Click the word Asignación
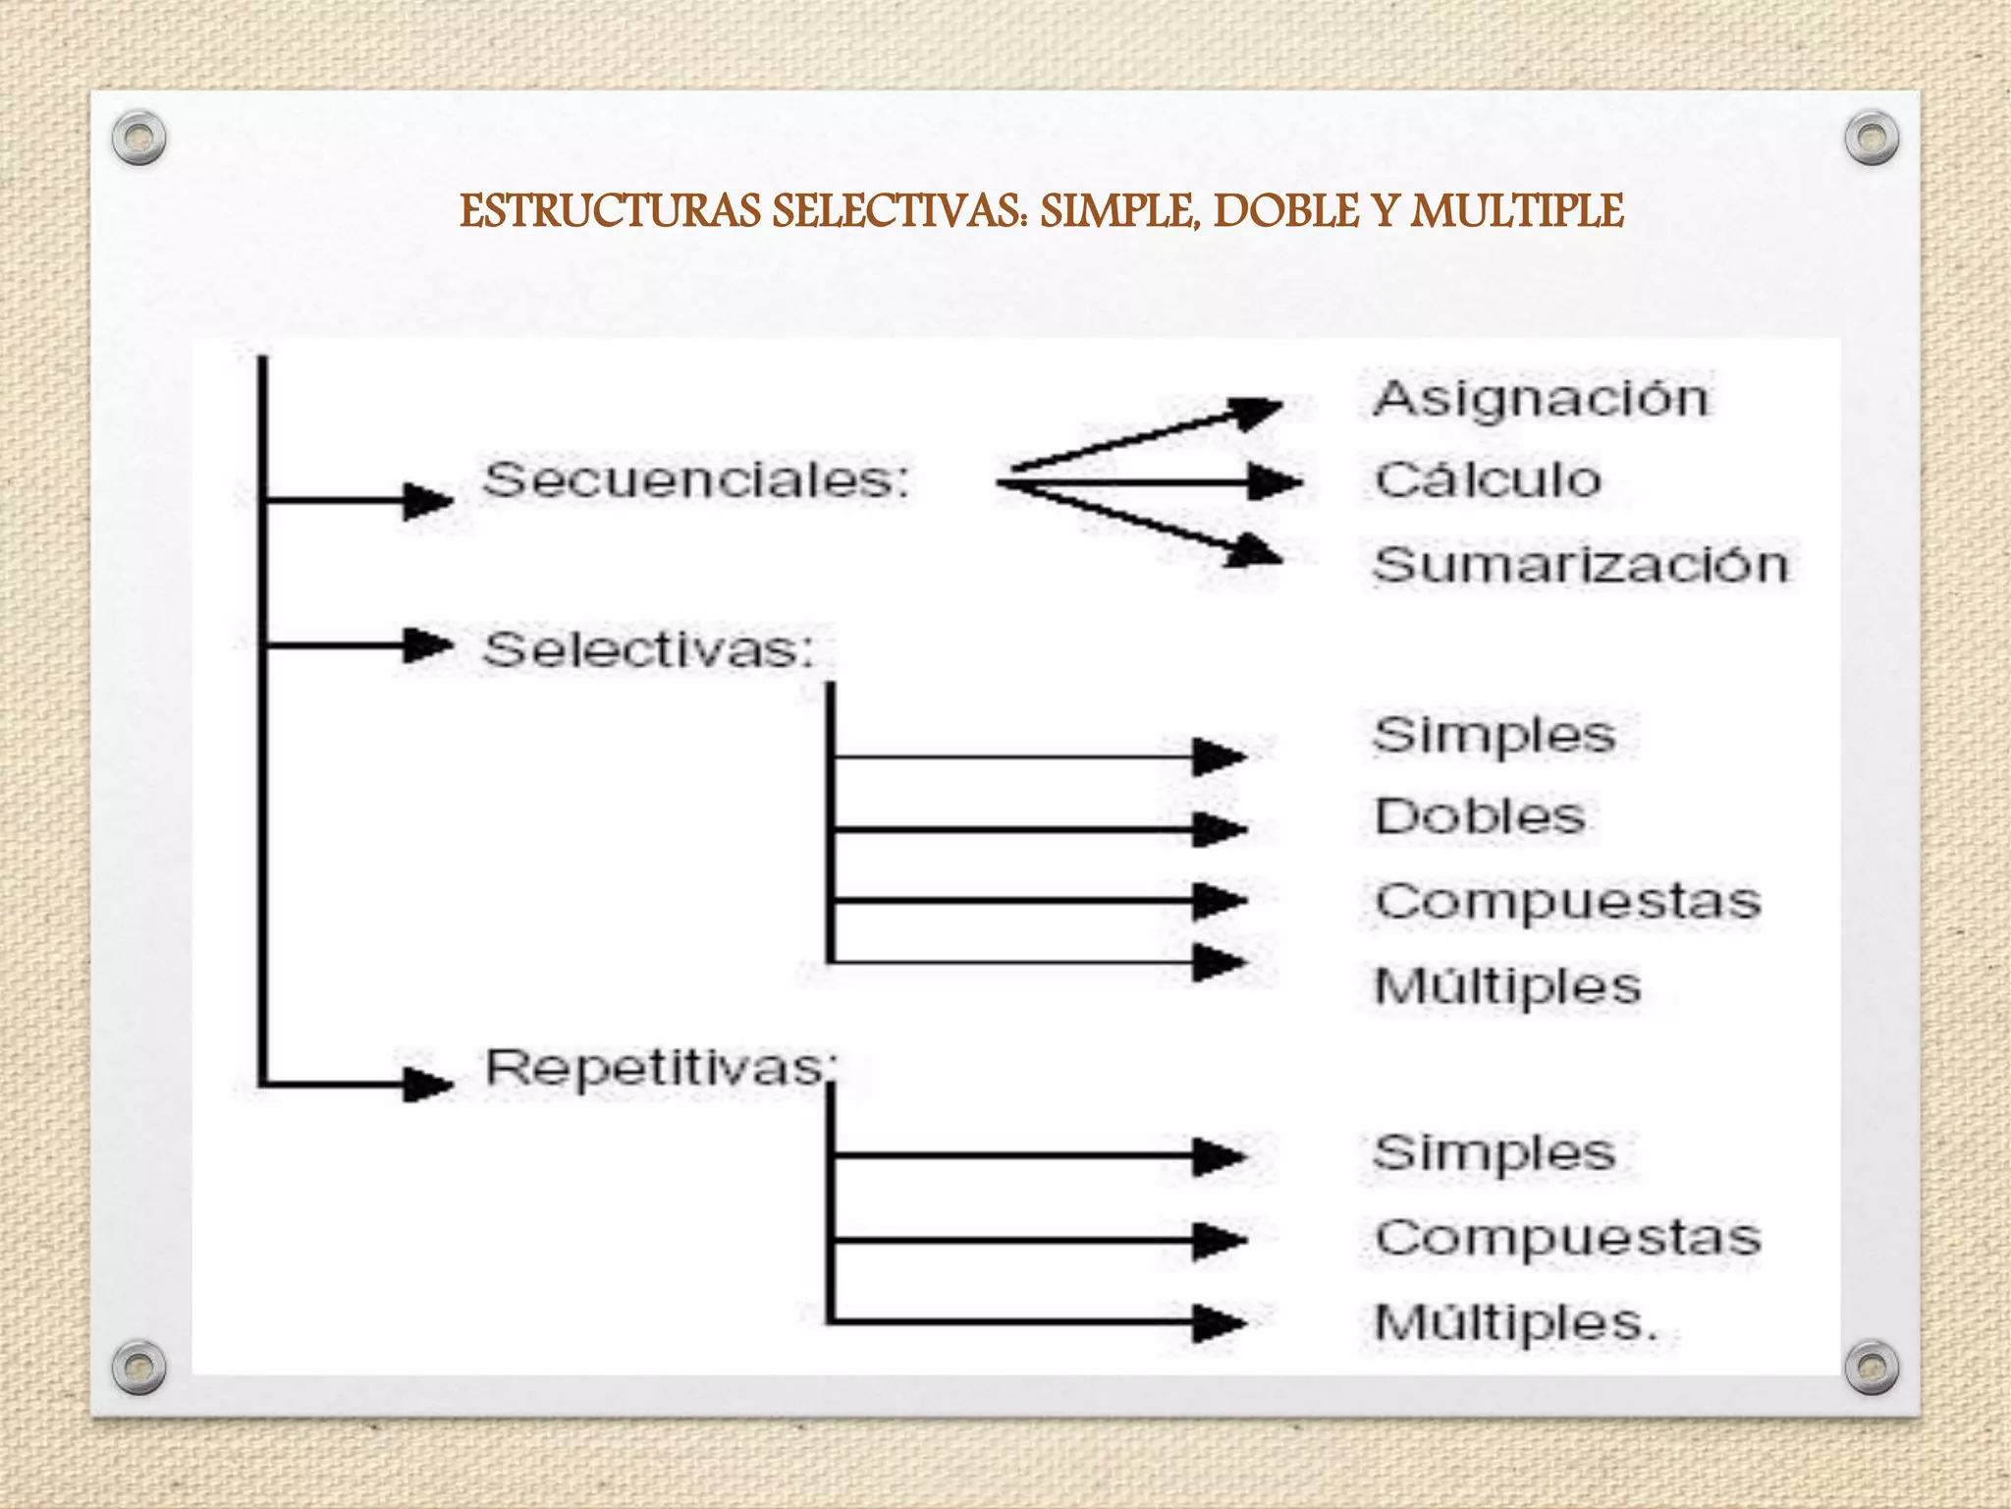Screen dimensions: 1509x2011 pos(1541,399)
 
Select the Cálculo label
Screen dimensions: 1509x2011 pos(1488,480)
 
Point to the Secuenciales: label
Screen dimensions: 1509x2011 pos(696,480)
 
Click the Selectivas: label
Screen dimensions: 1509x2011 pos(648,649)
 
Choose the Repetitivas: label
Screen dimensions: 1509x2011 pos(661,1068)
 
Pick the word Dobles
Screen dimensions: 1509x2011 pos(1480,816)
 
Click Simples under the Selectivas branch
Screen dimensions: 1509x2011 pos(1494,736)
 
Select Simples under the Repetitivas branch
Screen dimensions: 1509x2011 pos(1494,1153)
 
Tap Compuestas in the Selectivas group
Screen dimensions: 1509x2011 pos(1567,902)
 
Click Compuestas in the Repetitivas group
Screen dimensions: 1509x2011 pos(1567,1238)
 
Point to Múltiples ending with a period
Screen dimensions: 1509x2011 pos(1515,1322)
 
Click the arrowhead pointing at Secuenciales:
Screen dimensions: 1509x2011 pos(428,500)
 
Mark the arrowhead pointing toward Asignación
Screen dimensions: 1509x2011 pos(1257,412)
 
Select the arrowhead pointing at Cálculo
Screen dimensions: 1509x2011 pos(1275,482)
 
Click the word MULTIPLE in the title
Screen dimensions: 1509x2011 pos(1517,211)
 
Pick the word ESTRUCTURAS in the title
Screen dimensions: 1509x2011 pos(610,211)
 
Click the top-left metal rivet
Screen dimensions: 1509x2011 pos(138,138)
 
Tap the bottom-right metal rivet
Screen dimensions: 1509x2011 pos(1872,1367)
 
